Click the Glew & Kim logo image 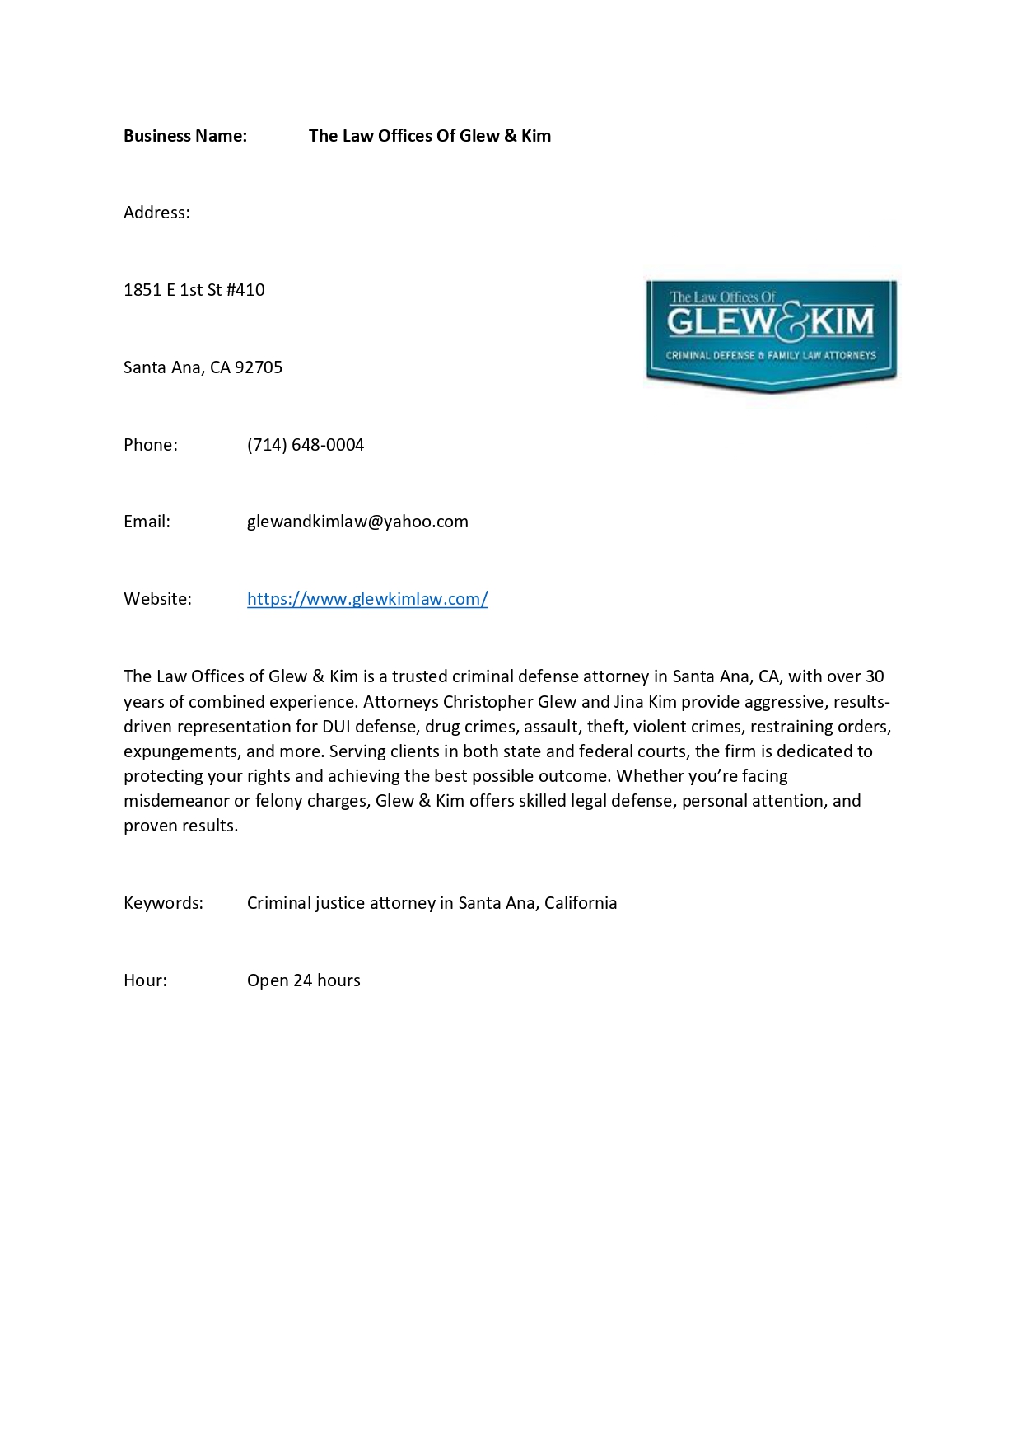[x=771, y=335]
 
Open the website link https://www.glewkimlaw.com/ [x=367, y=599]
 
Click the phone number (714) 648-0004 [x=306, y=445]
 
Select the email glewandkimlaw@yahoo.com [x=357, y=522]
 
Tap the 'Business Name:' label [x=185, y=136]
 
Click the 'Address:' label [x=156, y=213]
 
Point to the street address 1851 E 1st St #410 [x=194, y=290]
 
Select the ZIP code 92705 [x=259, y=367]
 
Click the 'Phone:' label [x=151, y=445]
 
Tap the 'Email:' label [x=147, y=522]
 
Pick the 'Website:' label [x=157, y=599]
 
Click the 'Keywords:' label [x=163, y=903]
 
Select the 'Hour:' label [x=145, y=980]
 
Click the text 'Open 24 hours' [x=304, y=980]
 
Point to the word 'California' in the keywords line [x=581, y=903]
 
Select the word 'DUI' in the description [x=336, y=727]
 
